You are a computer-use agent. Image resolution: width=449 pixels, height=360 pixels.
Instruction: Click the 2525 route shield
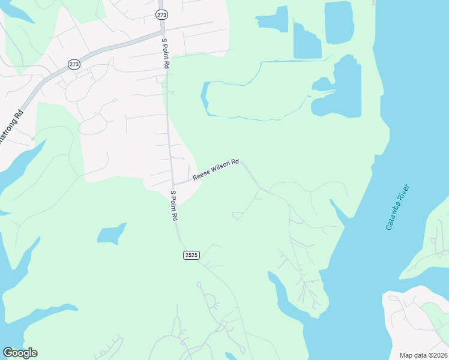pyautogui.click(x=191, y=255)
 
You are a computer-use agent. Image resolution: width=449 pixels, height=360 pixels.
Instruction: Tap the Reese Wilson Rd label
pyautogui.click(x=215, y=170)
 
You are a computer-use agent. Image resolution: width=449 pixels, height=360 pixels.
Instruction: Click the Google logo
pyautogui.click(x=20, y=353)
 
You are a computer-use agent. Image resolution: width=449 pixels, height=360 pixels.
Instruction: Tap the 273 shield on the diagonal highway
pyautogui.click(x=74, y=64)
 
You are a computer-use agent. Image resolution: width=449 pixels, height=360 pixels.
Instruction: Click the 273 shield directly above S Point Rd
pyautogui.click(x=161, y=14)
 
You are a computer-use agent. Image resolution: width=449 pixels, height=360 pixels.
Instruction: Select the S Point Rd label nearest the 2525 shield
pyautogui.click(x=174, y=205)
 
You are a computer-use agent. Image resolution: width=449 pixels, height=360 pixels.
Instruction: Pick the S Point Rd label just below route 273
pyautogui.click(x=165, y=53)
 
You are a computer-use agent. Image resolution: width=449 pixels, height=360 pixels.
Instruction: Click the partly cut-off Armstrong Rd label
pyautogui.click(x=11, y=127)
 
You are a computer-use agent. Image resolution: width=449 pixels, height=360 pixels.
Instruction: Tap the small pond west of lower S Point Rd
pyautogui.click(x=112, y=233)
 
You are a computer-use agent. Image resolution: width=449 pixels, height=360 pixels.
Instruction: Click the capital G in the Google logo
pyautogui.click(x=8, y=353)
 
